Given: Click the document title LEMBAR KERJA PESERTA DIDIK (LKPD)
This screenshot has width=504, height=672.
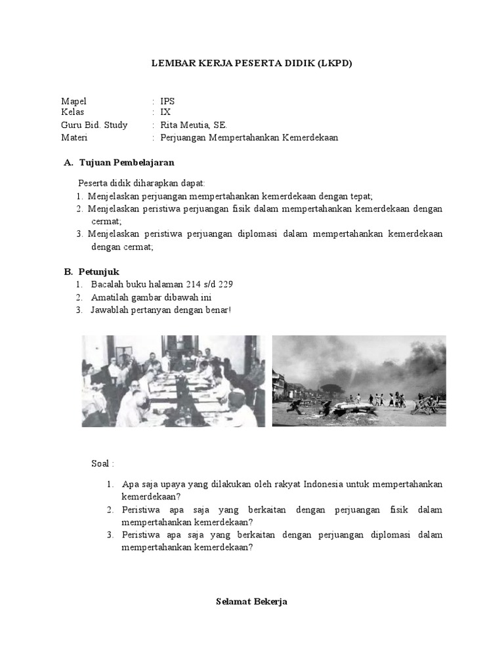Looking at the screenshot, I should pos(252,64).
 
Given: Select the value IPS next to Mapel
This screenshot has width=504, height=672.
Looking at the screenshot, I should pos(168,102).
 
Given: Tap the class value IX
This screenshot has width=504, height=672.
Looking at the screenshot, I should pos(165,112).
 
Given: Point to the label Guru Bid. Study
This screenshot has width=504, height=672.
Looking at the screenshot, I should pos(94,125).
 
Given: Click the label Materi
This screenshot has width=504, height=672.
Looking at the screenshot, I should pos(74,137).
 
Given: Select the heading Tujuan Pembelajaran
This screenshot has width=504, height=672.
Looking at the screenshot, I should pos(126,162).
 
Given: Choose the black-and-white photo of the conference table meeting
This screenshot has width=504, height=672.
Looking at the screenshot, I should pos(173,381).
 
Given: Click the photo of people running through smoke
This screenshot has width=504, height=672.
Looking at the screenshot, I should pos(359,381).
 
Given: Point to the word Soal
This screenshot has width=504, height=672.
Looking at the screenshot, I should pos(102,463).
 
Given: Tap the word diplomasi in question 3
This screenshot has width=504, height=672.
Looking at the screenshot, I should pos(383,535).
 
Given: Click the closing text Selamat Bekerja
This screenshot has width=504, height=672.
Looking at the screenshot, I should pos(252,601).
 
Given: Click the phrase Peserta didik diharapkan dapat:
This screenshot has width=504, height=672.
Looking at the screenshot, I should pos(142,183).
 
